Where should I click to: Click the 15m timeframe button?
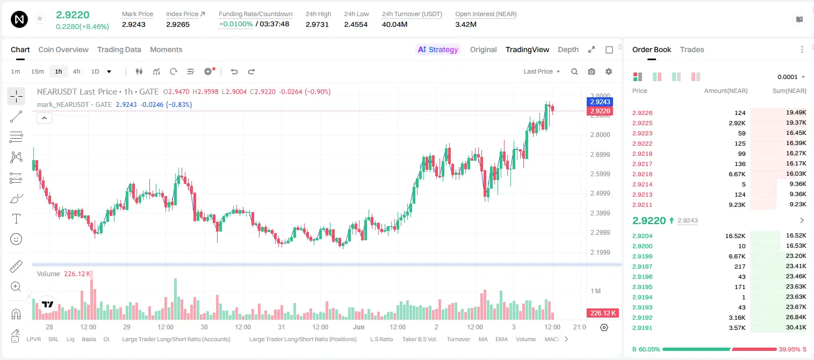[38, 71]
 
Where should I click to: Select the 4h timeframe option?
[76, 71]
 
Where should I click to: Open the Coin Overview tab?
[63, 49]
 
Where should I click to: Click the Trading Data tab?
[119, 49]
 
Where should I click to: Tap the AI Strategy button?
[438, 49]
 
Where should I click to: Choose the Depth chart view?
[568, 49]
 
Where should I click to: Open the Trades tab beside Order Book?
[692, 49]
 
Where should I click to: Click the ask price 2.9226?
[642, 113]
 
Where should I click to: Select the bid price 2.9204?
[642, 236]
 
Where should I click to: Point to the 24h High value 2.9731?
[317, 24]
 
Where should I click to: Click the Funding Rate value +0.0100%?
[235, 24]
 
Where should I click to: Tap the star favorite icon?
[40, 18]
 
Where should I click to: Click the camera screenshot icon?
[592, 71]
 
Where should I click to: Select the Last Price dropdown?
[542, 71]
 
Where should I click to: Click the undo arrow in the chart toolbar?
[234, 71]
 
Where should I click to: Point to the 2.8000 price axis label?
[600, 135]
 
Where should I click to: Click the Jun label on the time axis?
[359, 327]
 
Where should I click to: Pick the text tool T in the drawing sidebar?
[16, 219]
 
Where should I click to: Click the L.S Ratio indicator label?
[381, 339]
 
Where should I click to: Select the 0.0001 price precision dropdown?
[791, 77]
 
